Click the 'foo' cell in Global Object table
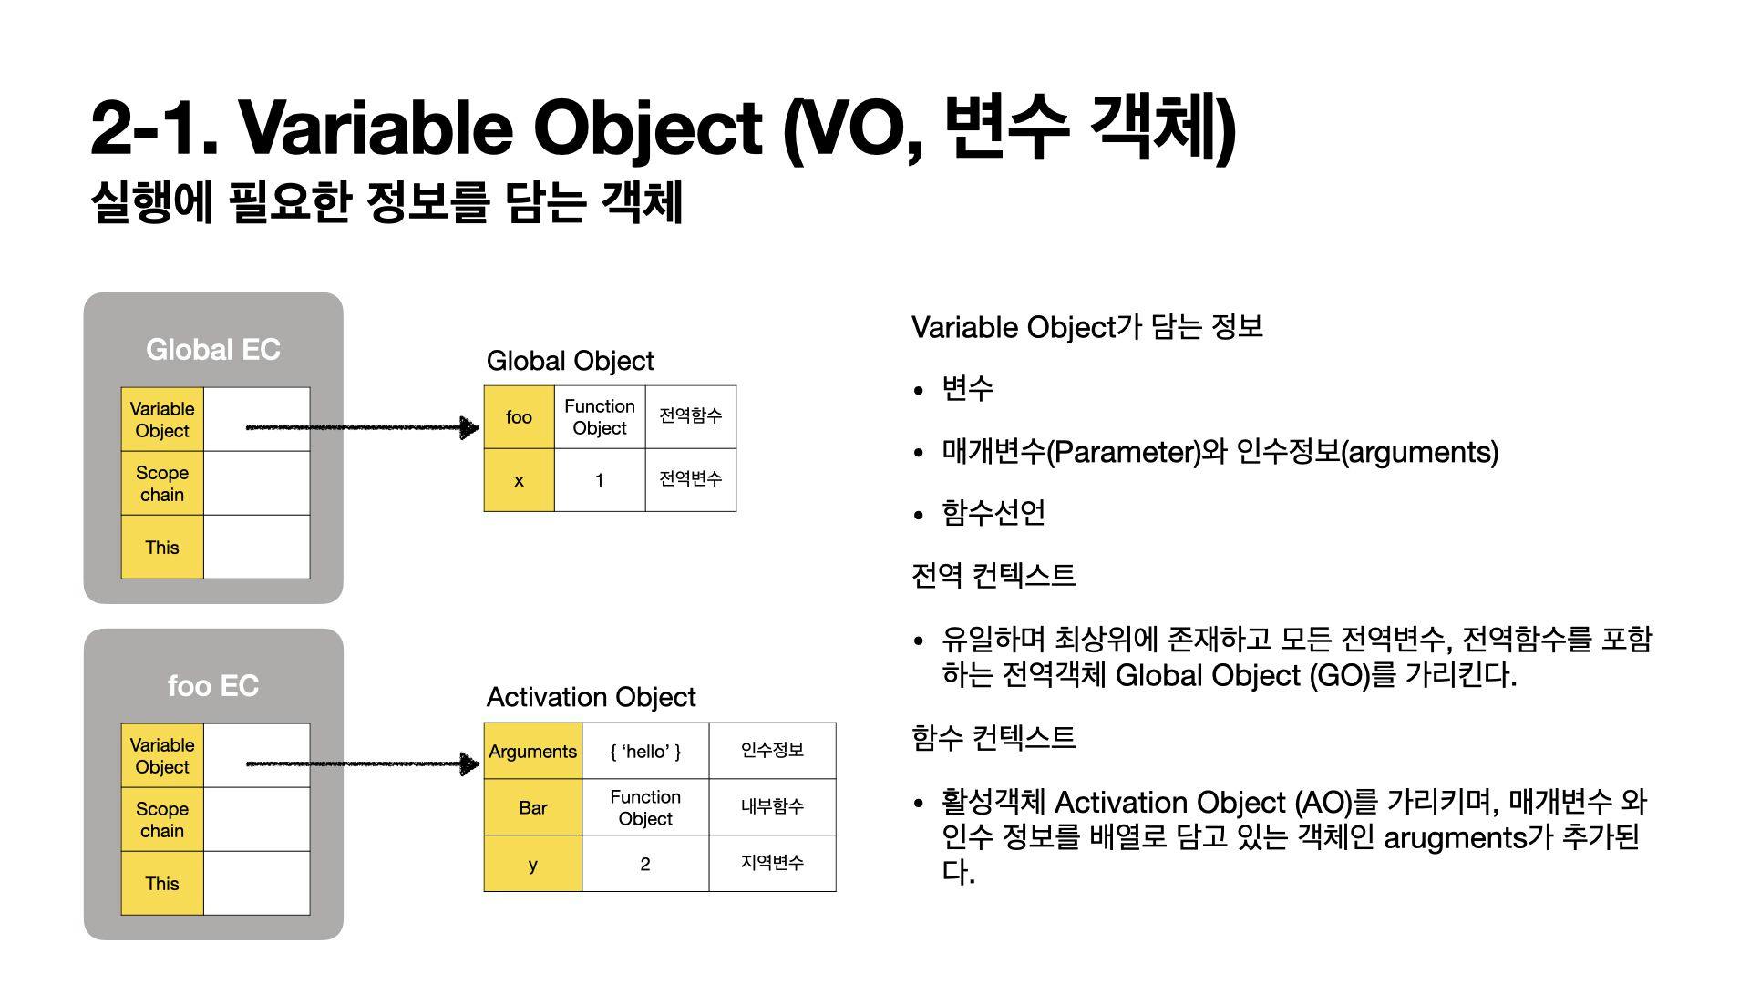pos(519,417)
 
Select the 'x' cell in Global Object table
pos(519,480)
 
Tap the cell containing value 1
pos(600,480)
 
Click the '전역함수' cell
pos(691,417)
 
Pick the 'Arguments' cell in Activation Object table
pos(533,751)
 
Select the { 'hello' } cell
pos(645,751)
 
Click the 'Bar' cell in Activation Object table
pos(533,807)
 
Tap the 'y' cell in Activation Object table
pos(533,864)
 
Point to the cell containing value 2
pos(645,864)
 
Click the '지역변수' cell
pos(772,864)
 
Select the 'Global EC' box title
pos(213,350)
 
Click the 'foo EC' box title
pos(213,686)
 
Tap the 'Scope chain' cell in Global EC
pos(162,483)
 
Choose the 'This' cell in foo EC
pos(162,883)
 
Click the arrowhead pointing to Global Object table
pos(469,427)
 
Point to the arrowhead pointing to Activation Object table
pos(469,764)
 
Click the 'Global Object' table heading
pos(571,362)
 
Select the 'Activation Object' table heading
pos(592,698)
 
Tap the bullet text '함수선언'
pos(993,513)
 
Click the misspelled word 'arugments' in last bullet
pos(1455,838)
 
